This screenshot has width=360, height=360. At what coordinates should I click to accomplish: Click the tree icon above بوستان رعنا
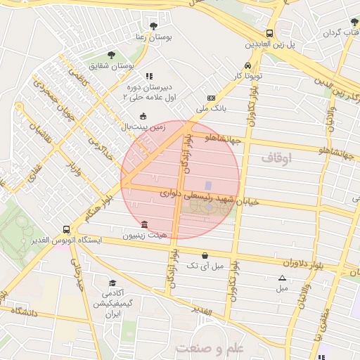(x=153, y=26)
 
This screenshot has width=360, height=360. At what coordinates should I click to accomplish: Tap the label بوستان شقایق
(x=115, y=65)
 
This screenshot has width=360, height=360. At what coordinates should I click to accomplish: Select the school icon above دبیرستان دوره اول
(x=148, y=76)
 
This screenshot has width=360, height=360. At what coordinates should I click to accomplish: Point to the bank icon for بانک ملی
(x=211, y=98)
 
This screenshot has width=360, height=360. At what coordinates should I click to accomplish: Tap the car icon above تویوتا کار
(x=239, y=63)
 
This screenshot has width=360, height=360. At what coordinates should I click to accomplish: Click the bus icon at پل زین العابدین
(x=270, y=33)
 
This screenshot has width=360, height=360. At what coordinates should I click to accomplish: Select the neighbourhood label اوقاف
(x=276, y=160)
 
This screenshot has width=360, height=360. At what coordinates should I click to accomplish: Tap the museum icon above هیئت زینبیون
(x=145, y=225)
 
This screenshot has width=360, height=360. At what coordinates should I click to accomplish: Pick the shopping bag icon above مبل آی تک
(x=205, y=255)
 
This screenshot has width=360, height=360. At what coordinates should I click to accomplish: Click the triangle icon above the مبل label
(x=282, y=278)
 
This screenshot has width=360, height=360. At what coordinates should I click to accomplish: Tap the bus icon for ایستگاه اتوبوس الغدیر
(x=66, y=229)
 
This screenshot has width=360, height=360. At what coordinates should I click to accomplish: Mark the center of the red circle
(x=181, y=180)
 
